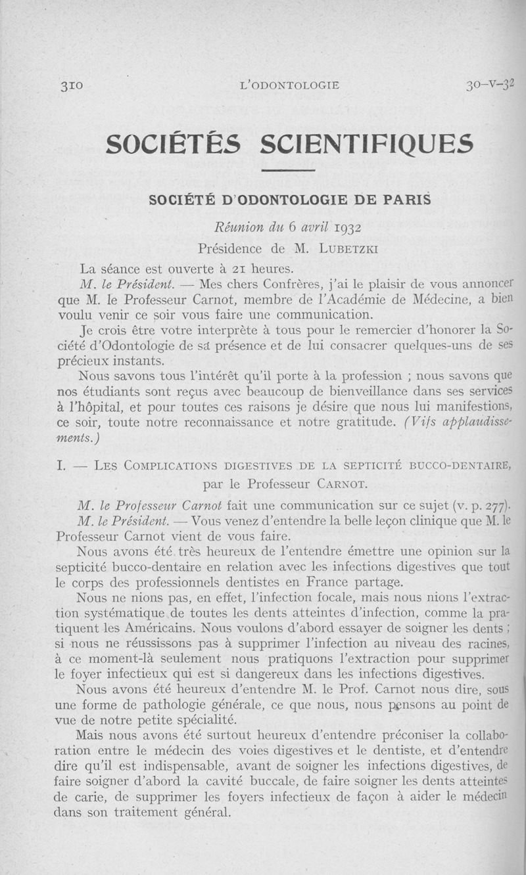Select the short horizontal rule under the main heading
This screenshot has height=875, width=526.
tap(289, 171)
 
